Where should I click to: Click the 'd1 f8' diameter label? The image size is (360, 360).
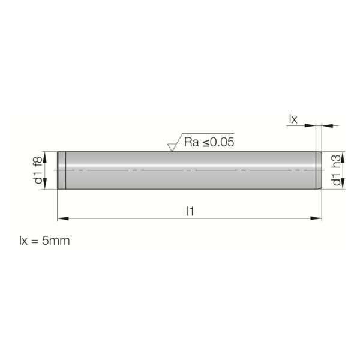coord(38,170)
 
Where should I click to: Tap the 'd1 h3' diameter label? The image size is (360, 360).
coord(336,170)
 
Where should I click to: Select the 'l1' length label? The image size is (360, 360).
coord(190,211)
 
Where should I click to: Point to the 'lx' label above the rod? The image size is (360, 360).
coord(293,119)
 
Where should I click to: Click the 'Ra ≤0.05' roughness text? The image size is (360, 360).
coord(209,142)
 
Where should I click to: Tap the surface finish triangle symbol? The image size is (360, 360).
coord(171,148)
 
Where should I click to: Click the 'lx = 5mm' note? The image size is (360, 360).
coord(44,241)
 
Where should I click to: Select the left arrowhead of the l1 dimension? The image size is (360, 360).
coord(63,218)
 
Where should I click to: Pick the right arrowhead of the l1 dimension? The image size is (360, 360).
coord(316,218)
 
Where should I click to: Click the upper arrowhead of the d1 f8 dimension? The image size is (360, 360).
coord(45,157)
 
